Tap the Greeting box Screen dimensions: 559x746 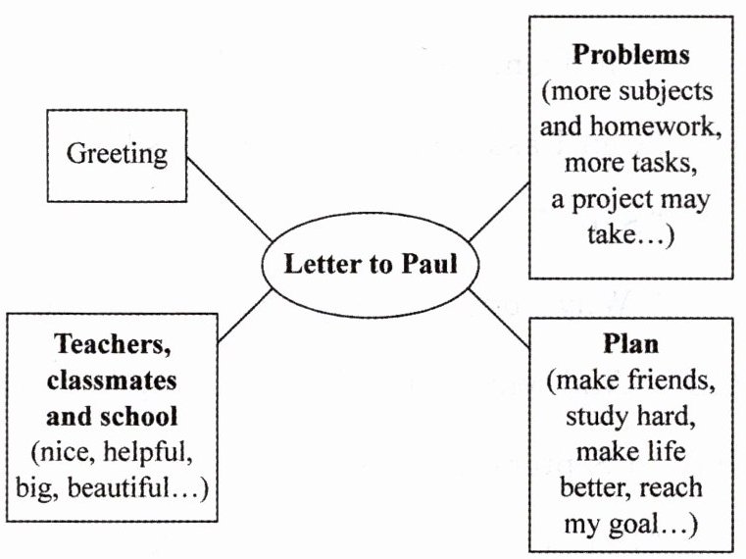117,154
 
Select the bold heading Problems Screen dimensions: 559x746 631,54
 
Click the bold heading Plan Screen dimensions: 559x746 631,345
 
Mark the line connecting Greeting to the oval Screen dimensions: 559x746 228,196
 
